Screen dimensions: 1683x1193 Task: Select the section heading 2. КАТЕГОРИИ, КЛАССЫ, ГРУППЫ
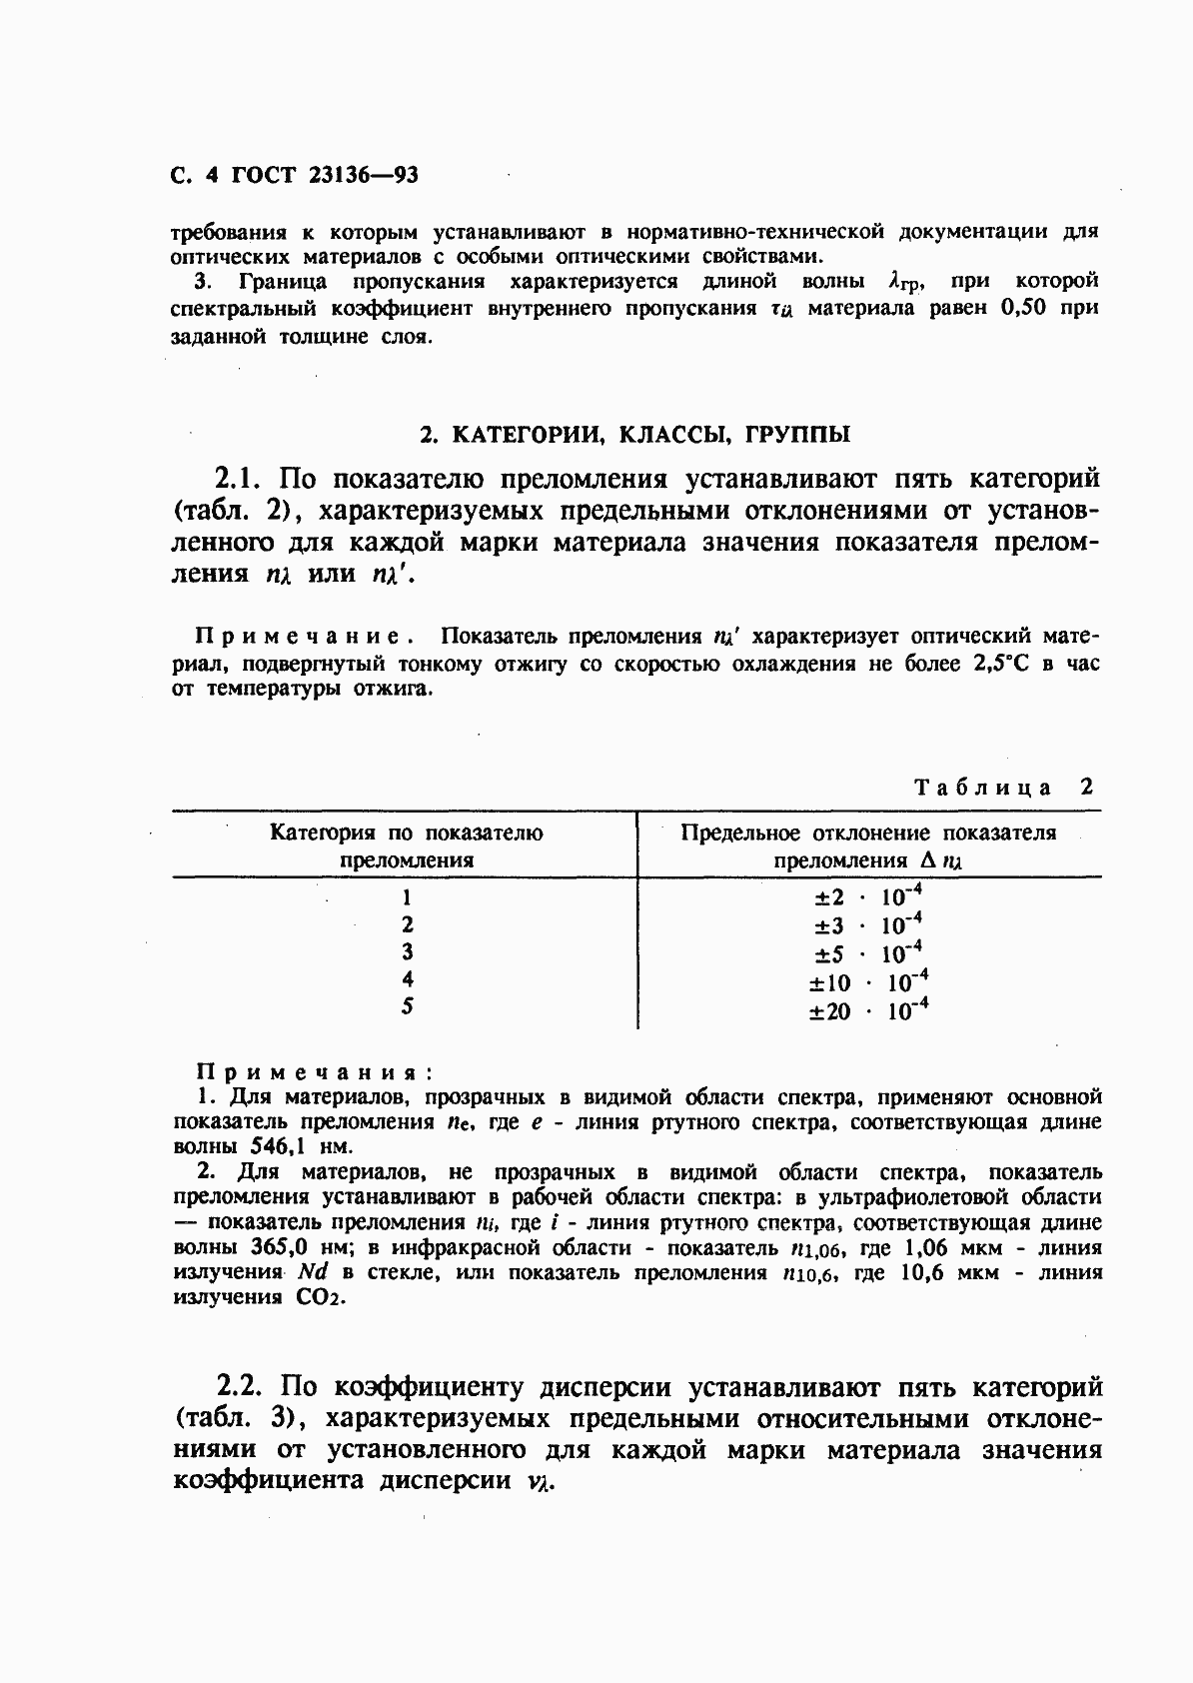[634, 435]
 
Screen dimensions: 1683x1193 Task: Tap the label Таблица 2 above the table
[1004, 787]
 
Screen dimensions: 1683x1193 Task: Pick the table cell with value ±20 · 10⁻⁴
[867, 1011]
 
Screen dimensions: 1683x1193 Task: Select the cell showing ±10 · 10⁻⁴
[867, 982]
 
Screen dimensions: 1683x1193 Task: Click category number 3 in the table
[407, 951]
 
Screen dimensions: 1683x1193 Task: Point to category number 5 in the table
[407, 1006]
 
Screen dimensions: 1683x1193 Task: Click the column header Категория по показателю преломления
[407, 846]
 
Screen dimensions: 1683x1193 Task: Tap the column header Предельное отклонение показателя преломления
[867, 846]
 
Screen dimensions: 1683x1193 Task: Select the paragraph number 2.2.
[240, 1387]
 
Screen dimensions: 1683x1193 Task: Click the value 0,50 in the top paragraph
[1021, 309]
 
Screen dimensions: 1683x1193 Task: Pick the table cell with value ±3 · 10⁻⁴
[867, 924]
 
